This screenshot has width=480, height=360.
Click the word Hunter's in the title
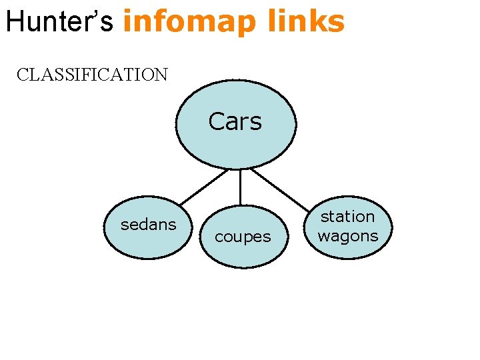(61, 21)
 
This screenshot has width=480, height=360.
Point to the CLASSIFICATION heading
(92, 74)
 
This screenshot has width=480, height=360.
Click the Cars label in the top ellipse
(235, 121)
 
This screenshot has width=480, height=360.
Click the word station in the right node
(347, 217)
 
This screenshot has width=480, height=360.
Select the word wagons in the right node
(347, 235)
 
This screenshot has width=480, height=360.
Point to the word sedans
(148, 225)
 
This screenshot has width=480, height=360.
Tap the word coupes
(243, 237)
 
